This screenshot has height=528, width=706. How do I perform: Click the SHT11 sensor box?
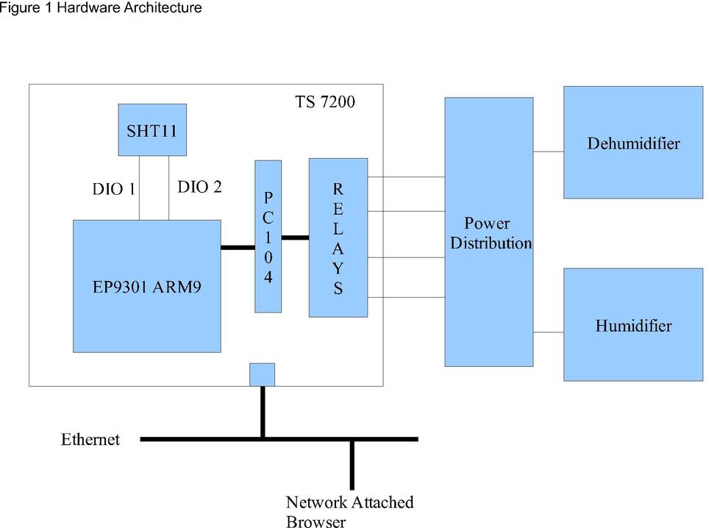point(151,129)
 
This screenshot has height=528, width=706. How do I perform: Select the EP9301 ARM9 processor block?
point(146,286)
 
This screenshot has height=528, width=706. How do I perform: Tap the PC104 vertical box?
point(268,236)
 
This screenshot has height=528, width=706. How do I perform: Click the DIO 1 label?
point(113,189)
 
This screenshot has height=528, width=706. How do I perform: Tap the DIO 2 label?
point(199,187)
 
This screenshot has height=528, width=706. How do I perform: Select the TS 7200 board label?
point(325,101)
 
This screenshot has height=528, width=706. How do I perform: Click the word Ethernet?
point(90,440)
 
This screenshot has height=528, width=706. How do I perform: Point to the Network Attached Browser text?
point(349,512)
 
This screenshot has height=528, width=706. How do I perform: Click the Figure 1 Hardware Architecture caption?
point(101,8)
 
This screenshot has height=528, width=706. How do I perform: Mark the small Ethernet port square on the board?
point(262,374)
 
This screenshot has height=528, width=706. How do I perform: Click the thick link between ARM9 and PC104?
point(238,247)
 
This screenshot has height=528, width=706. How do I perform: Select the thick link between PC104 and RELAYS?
point(295,238)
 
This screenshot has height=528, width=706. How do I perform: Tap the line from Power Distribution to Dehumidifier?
point(548,151)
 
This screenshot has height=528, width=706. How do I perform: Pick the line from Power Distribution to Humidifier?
point(548,332)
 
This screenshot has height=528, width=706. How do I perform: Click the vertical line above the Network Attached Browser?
point(352,465)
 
